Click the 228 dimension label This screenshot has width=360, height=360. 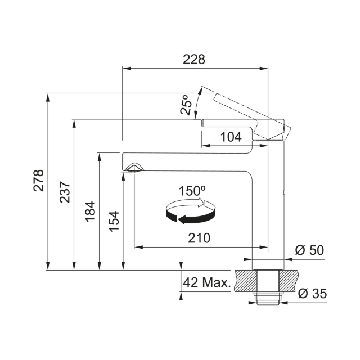pyautogui.click(x=193, y=60)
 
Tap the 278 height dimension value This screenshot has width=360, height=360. pyautogui.click(x=38, y=181)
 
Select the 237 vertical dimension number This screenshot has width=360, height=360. pyautogui.click(x=65, y=192)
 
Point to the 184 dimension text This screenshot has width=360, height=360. pyautogui.click(x=90, y=211)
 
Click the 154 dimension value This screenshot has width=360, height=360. pyautogui.click(x=114, y=221)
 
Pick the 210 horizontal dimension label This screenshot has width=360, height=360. pyautogui.click(x=199, y=238)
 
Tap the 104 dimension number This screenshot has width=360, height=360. pyautogui.click(x=231, y=137)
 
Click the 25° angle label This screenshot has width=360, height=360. pyautogui.click(x=186, y=105)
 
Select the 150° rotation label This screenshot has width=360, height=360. pyautogui.click(x=192, y=191)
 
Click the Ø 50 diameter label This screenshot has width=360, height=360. pyautogui.click(x=309, y=250)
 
